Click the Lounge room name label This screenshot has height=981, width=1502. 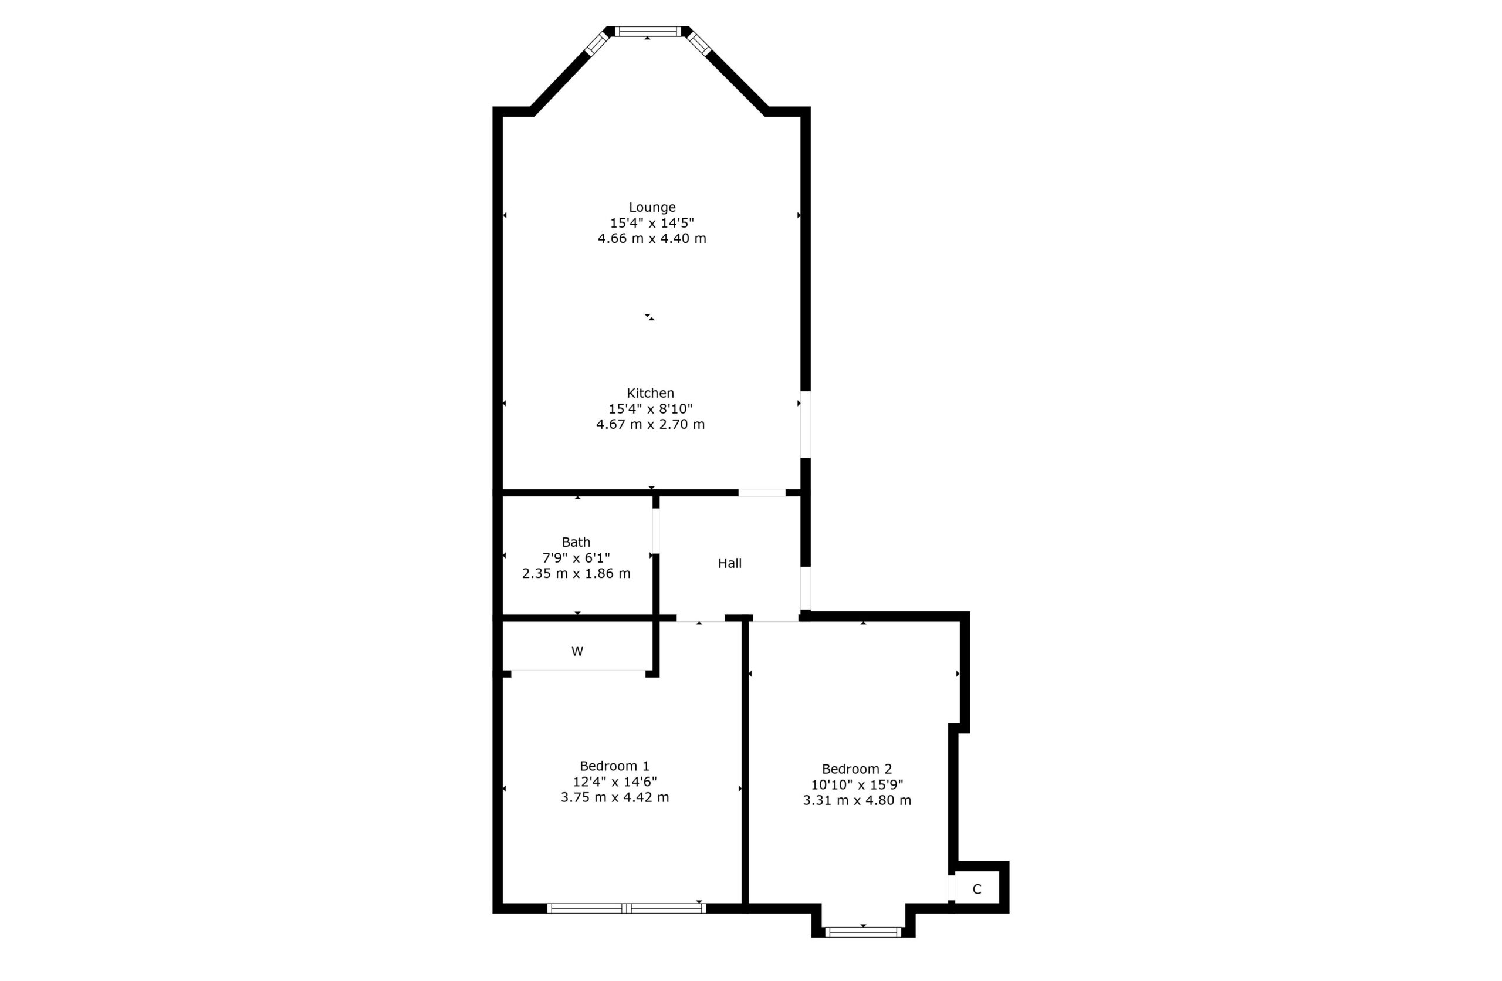(x=652, y=207)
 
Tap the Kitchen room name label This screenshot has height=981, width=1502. (x=650, y=393)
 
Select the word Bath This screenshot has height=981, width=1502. (x=576, y=542)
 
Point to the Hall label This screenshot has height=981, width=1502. (x=729, y=563)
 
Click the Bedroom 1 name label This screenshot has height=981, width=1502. (x=614, y=766)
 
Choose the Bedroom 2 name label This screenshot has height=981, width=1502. (x=857, y=769)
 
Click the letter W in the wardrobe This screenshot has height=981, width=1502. (x=577, y=651)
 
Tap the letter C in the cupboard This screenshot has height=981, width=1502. (x=976, y=889)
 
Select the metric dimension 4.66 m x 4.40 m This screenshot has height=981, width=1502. (x=652, y=239)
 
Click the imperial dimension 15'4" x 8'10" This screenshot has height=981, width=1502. (x=650, y=408)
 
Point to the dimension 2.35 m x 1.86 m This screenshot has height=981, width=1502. (x=576, y=573)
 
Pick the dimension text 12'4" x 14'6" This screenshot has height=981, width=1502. (x=614, y=782)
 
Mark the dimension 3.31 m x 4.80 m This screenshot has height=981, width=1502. (x=857, y=800)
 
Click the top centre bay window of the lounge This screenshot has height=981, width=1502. (x=648, y=32)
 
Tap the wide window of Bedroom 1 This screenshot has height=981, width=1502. (x=626, y=908)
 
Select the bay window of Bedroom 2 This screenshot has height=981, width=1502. (x=862, y=932)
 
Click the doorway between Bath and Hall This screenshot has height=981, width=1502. (x=656, y=531)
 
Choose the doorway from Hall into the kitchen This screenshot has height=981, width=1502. (x=762, y=492)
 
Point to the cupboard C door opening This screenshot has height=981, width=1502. (x=952, y=888)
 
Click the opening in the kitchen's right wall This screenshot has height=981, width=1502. (x=806, y=424)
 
